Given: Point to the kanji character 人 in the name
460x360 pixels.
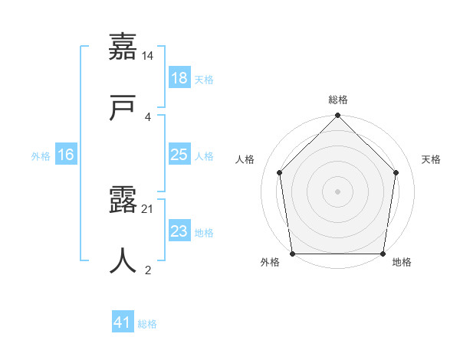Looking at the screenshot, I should tap(123, 261).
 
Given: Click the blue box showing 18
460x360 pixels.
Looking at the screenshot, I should tap(179, 78).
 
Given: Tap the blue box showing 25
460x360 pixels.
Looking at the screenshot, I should tap(179, 155).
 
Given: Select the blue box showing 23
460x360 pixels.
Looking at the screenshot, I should tap(179, 231).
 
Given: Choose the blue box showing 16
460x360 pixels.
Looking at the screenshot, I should tap(66, 155).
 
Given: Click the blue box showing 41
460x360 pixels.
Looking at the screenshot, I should tap(123, 322).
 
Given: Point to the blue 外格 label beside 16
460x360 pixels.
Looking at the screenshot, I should tap(41, 155).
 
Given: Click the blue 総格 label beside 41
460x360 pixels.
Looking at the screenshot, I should tap(147, 323).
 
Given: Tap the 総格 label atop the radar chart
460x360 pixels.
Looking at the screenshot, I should tap(338, 100).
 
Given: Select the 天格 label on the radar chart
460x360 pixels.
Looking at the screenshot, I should tap(432, 159).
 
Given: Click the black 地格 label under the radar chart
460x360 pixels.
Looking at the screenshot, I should tap(402, 263).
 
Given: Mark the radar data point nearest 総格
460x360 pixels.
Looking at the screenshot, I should tap(338, 116).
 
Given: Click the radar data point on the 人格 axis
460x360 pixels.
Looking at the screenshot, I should tap(280, 172).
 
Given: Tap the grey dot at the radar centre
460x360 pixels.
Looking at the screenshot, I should tap(338, 191).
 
